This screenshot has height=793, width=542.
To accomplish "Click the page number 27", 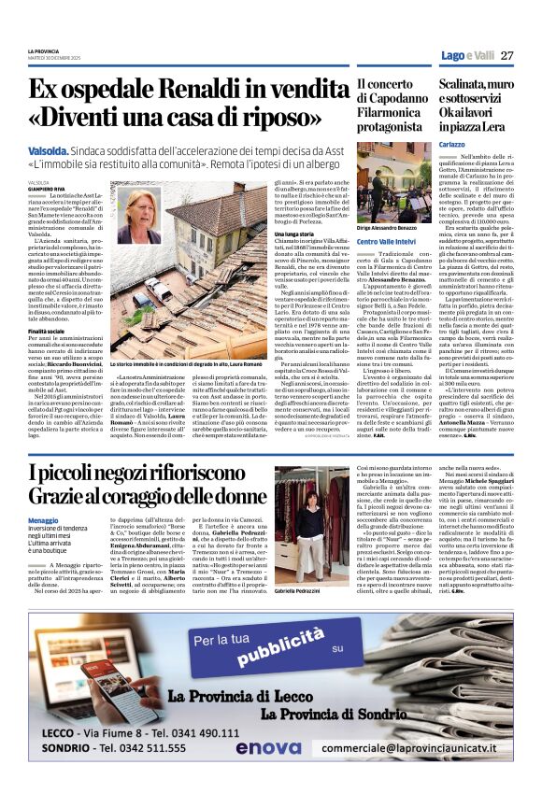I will click(507, 55).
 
